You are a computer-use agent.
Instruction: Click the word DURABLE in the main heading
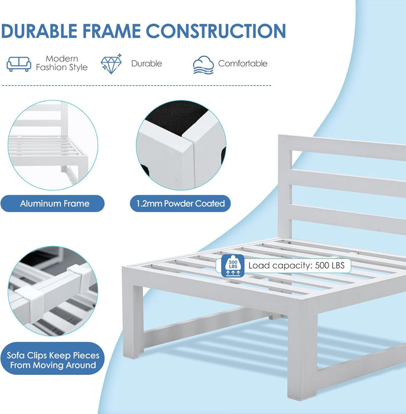point(39,31)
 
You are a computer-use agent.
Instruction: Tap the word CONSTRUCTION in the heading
point(216,31)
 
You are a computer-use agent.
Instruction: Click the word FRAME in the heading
point(112,31)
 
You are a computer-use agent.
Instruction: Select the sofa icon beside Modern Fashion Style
point(19,64)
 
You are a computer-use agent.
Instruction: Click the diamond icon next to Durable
point(111,64)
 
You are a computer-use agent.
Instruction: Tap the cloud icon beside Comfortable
point(203,65)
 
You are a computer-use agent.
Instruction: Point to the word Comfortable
point(243,64)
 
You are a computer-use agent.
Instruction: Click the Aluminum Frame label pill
point(53,203)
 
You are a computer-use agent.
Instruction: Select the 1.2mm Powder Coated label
point(180,203)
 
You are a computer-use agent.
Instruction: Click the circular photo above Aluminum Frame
point(53,145)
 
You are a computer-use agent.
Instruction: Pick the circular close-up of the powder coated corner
point(181,145)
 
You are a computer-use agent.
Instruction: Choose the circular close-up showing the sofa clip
point(53,291)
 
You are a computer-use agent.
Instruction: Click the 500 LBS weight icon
point(233,266)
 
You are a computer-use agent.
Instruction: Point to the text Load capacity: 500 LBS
point(297,266)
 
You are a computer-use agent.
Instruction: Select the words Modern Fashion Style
point(61,63)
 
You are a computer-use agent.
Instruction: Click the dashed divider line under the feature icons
point(137,86)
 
